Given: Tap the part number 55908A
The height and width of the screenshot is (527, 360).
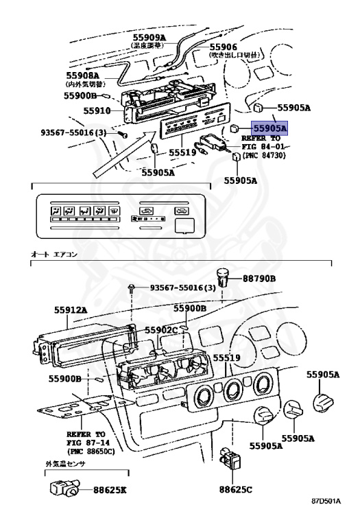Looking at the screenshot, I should pos(83,75).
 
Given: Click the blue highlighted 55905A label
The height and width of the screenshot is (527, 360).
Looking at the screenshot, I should pos(269,128).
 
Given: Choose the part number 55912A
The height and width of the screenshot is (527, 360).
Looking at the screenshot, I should pos(71,309).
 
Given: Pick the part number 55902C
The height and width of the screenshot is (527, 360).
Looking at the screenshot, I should pos(160,331).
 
